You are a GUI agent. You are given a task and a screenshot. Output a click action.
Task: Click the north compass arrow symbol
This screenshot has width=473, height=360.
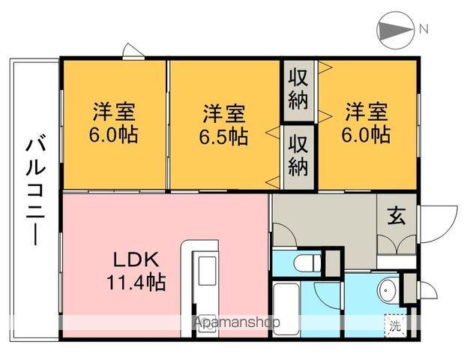[394, 30]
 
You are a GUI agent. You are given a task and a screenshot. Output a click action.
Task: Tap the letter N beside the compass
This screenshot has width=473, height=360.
[424, 30]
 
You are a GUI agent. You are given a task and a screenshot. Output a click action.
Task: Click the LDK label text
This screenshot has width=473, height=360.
[135, 260]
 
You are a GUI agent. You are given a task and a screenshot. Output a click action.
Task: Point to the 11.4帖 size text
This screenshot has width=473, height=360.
[135, 283]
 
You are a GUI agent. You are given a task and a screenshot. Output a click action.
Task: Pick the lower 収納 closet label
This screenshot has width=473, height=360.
[298, 154]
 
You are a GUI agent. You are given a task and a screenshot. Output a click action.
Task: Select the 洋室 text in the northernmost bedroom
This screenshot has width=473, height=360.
[367, 112]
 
